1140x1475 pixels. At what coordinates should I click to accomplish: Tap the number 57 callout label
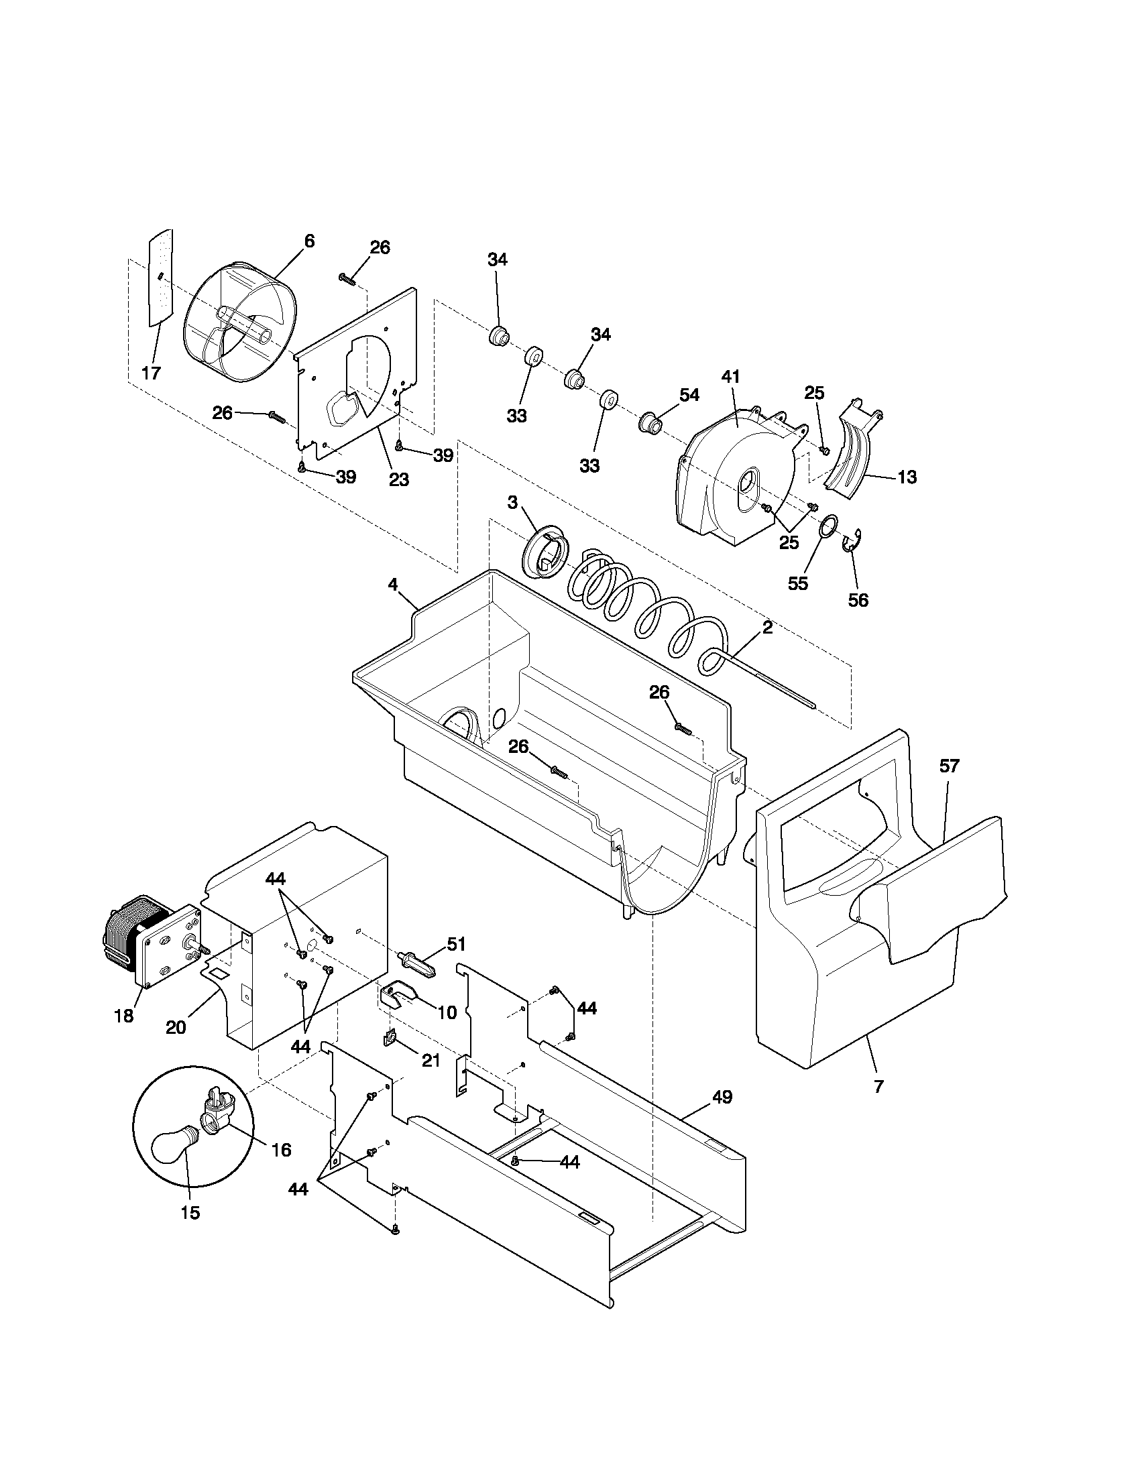[949, 766]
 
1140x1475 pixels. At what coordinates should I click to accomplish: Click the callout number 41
[731, 377]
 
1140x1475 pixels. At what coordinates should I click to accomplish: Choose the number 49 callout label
[722, 1098]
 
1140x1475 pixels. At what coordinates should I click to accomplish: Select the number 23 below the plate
[398, 479]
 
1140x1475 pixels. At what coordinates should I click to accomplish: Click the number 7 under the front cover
[878, 1087]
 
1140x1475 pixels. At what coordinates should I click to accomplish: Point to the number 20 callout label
[176, 1027]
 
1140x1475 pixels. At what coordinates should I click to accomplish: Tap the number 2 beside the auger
[767, 627]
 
